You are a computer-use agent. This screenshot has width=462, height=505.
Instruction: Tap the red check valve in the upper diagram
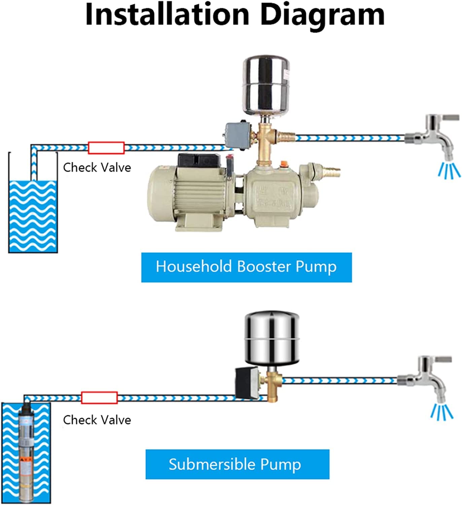pos(106,148)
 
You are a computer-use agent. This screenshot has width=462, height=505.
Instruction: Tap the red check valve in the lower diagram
pos(99,398)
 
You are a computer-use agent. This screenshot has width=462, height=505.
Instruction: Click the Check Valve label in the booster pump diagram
pos(97,167)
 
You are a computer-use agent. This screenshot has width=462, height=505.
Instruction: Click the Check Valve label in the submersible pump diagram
pos(97,420)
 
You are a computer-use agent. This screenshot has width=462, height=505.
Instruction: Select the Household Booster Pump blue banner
pos(246,267)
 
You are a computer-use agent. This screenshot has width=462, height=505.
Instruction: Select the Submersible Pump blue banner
pos(237,464)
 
